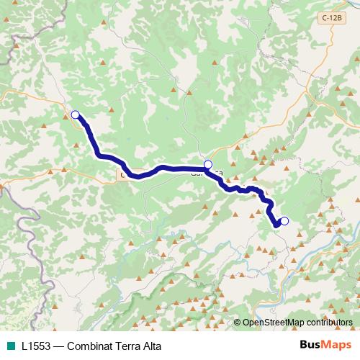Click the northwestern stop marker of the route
click(75, 114)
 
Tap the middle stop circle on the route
click(208, 164)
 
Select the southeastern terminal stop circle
click(284, 221)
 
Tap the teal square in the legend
click(9, 345)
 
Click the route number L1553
click(37, 345)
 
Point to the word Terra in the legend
click(135, 345)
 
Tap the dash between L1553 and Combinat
click(62, 345)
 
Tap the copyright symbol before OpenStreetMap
click(238, 322)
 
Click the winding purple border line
click(32, 238)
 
